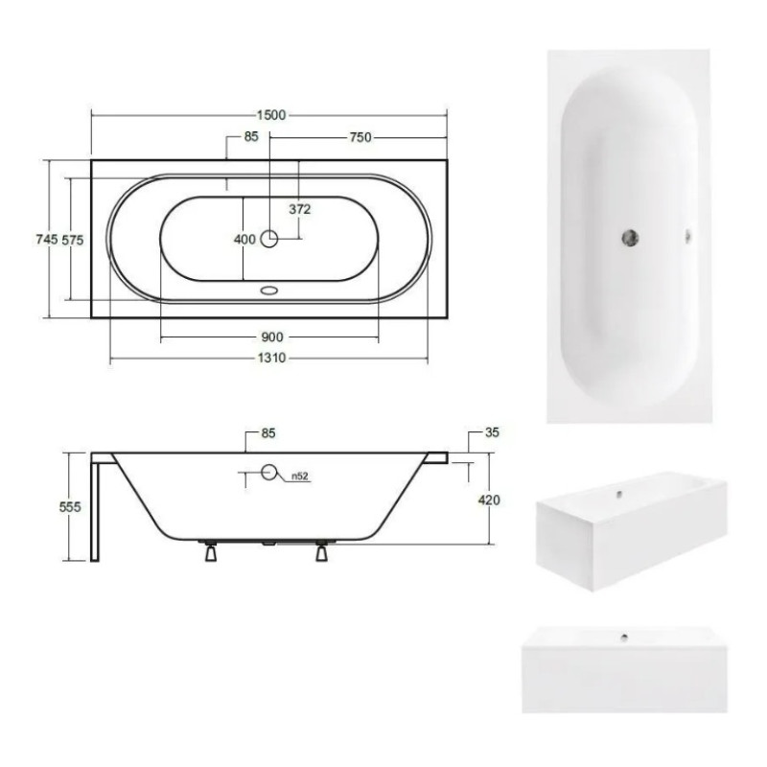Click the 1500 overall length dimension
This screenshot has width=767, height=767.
(x=271, y=115)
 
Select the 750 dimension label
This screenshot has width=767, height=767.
(x=360, y=137)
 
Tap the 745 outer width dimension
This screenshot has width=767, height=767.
(x=46, y=239)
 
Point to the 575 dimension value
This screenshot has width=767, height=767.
(x=73, y=240)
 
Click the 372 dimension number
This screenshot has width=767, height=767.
(x=300, y=209)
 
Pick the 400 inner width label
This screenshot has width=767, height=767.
(x=244, y=239)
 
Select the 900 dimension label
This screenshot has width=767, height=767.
(x=272, y=337)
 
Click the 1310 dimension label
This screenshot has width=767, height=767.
(x=271, y=358)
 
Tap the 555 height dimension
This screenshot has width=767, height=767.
(x=70, y=507)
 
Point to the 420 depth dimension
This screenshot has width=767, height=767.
(x=489, y=500)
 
